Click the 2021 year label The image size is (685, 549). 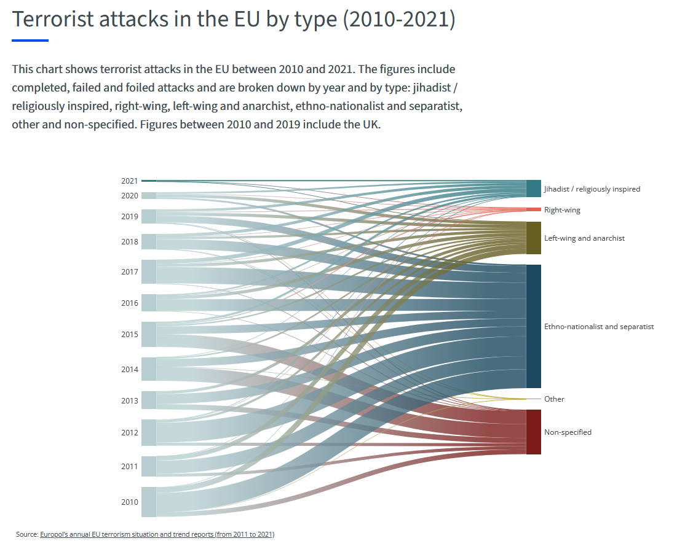(129, 181)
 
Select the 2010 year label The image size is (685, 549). (129, 502)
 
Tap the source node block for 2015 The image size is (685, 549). (149, 334)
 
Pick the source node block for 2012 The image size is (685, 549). (149, 432)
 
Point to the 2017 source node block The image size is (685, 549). (149, 271)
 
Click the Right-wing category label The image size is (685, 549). (562, 210)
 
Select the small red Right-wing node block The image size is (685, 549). (533, 209)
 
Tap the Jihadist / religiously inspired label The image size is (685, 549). (592, 189)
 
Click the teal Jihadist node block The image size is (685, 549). (533, 189)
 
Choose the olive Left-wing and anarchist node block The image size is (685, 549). (533, 238)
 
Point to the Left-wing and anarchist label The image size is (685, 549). (584, 238)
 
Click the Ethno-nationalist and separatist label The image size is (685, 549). (599, 327)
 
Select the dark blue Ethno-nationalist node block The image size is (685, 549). (533, 326)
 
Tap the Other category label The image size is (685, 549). (554, 399)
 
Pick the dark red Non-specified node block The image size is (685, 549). (533, 432)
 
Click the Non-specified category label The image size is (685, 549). (568, 432)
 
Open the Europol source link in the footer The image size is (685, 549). (157, 535)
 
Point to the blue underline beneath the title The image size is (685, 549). (30, 41)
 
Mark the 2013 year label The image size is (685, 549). (129, 401)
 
